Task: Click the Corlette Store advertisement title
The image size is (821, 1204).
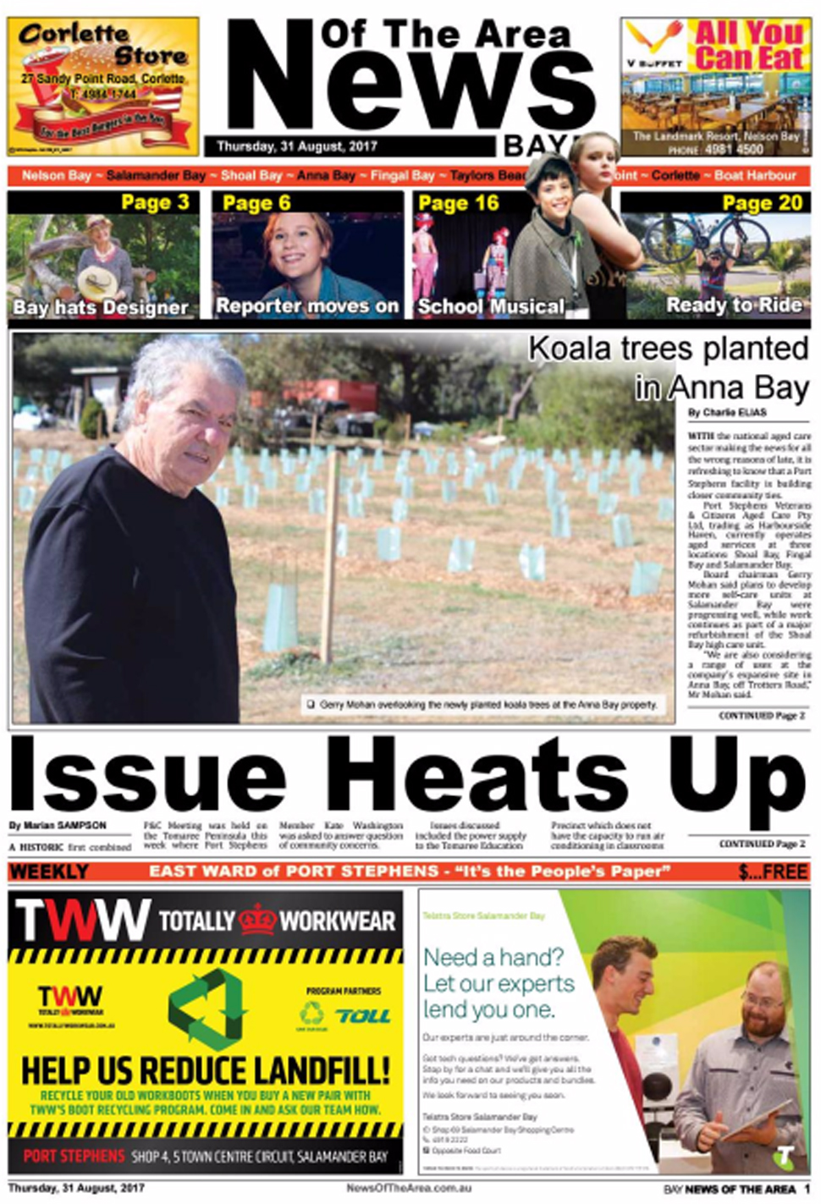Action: (x=102, y=44)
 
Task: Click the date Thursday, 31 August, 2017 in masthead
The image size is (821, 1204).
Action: (x=296, y=146)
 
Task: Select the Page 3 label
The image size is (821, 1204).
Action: (x=155, y=202)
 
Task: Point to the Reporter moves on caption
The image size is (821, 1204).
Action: (x=307, y=306)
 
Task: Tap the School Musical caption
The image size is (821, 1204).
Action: (x=491, y=306)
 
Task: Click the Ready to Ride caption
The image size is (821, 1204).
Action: (x=734, y=305)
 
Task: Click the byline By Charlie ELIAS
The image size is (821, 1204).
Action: (x=727, y=413)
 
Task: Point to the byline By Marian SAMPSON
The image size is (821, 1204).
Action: (x=58, y=825)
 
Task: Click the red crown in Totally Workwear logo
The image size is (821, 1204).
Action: (x=257, y=920)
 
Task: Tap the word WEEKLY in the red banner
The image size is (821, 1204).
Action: (x=49, y=871)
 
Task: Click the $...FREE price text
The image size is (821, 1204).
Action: (x=772, y=871)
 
